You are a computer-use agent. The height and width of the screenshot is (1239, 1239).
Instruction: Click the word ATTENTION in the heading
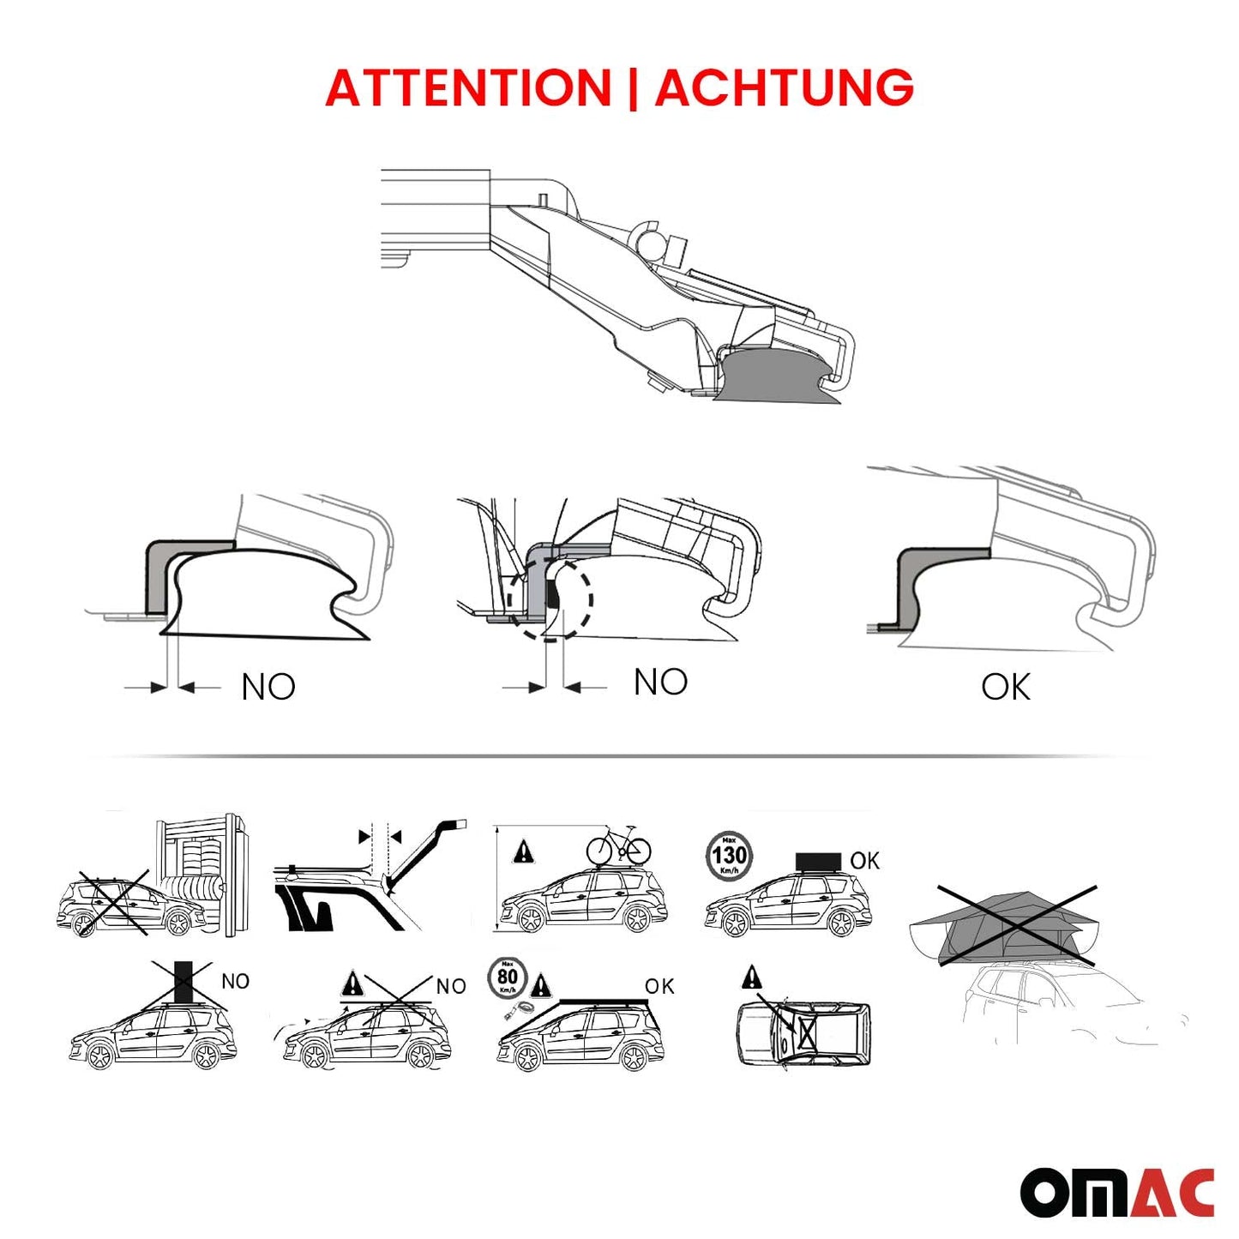pyautogui.click(x=468, y=87)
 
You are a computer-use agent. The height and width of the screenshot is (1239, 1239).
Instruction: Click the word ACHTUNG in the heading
pyautogui.click(x=784, y=87)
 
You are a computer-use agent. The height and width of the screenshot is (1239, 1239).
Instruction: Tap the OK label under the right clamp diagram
pyautogui.click(x=1005, y=687)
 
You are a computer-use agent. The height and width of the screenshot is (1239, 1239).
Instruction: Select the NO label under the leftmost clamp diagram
pyautogui.click(x=268, y=687)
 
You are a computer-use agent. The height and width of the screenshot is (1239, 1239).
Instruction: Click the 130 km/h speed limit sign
pyautogui.click(x=729, y=855)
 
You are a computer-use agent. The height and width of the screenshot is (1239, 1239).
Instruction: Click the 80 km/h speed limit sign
pyautogui.click(x=508, y=978)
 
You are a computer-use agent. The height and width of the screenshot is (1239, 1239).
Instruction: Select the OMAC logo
pyautogui.click(x=1116, y=1192)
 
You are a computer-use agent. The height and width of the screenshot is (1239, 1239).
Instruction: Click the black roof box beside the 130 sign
pyautogui.click(x=817, y=860)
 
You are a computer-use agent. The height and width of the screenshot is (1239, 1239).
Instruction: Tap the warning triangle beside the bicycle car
pyautogui.click(x=522, y=852)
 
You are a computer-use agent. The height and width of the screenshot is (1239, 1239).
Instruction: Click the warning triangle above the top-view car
pyautogui.click(x=752, y=976)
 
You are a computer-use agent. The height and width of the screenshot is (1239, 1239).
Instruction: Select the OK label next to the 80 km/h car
pyautogui.click(x=659, y=987)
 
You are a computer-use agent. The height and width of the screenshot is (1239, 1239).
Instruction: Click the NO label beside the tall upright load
pyautogui.click(x=235, y=981)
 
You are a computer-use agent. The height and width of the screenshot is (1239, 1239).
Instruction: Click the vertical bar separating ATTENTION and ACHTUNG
pyautogui.click(x=633, y=87)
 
